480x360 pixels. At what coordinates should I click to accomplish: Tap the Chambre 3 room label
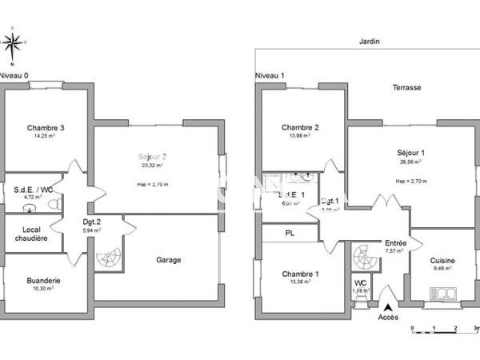(x=46, y=128)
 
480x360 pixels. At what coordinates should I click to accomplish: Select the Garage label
(x=168, y=260)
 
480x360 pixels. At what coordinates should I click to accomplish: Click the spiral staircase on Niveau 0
(x=107, y=258)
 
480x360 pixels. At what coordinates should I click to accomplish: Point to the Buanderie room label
(x=43, y=281)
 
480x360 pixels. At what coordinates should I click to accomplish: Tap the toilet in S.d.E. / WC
(x=54, y=204)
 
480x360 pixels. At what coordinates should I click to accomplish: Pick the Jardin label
(x=370, y=41)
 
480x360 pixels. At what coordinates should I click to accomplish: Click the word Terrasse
(x=406, y=87)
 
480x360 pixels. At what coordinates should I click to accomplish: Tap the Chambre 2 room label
(x=300, y=128)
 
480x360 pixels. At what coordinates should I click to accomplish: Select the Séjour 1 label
(x=410, y=152)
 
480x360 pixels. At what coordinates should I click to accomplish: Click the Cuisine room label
(x=443, y=260)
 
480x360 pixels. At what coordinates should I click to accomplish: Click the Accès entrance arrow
(x=388, y=307)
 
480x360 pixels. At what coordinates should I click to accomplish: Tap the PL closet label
(x=289, y=234)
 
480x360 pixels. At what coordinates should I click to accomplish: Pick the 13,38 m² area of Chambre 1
(x=300, y=282)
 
